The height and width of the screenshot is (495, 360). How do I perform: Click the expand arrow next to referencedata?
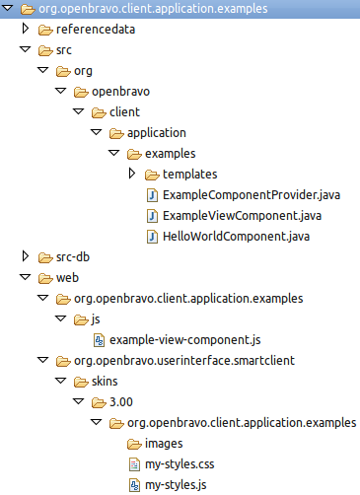tap(26, 30)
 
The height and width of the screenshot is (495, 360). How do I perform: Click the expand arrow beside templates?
tap(132, 175)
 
